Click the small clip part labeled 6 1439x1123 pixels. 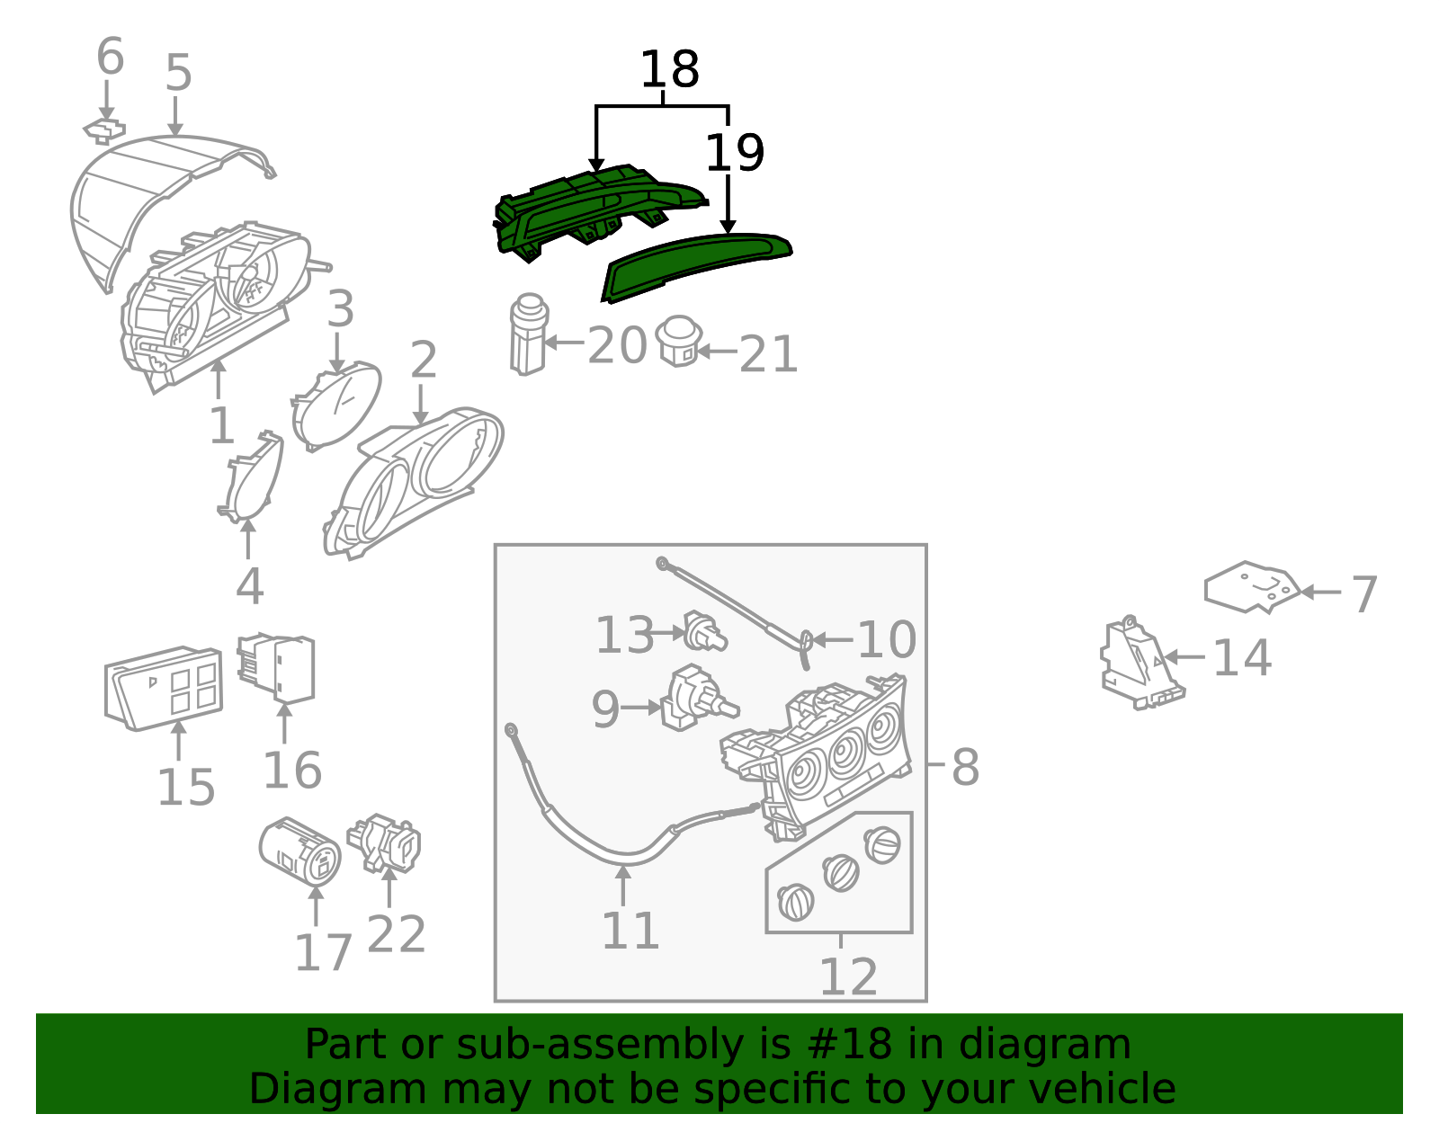(x=105, y=131)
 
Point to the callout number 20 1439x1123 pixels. (x=617, y=345)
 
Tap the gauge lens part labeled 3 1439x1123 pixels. (x=335, y=406)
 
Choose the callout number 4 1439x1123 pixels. (x=249, y=586)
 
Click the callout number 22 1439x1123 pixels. (x=396, y=934)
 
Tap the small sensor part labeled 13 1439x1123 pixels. (x=704, y=632)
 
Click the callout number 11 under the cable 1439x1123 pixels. (x=630, y=931)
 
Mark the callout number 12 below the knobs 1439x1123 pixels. (x=847, y=976)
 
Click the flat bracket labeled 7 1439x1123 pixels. (x=1252, y=587)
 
